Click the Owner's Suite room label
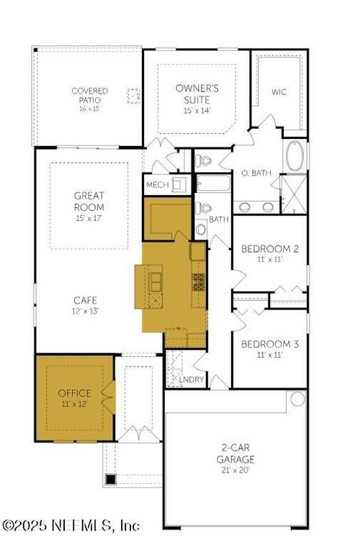click(x=196, y=93)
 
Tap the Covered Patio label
click(x=89, y=95)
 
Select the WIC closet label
click(x=279, y=92)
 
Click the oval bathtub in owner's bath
click(x=295, y=156)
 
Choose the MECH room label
click(x=157, y=185)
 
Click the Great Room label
click(x=89, y=200)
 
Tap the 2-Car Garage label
click(x=236, y=453)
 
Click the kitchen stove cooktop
click(x=198, y=281)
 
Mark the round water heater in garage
click(x=297, y=398)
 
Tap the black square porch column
click(x=110, y=478)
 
